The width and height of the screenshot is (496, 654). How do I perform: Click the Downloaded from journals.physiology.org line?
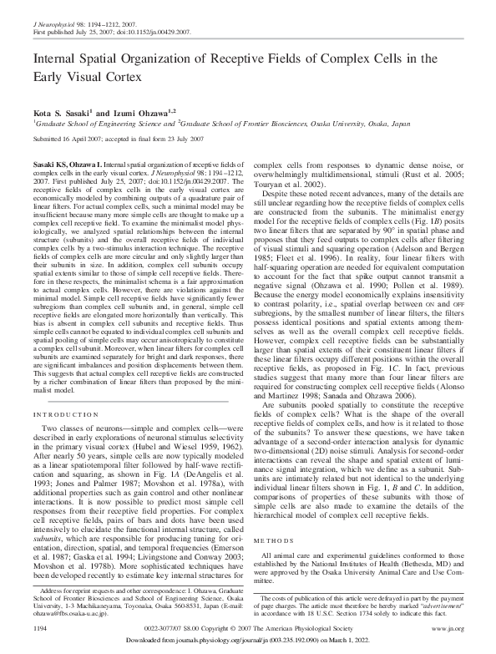pos(247,639)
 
